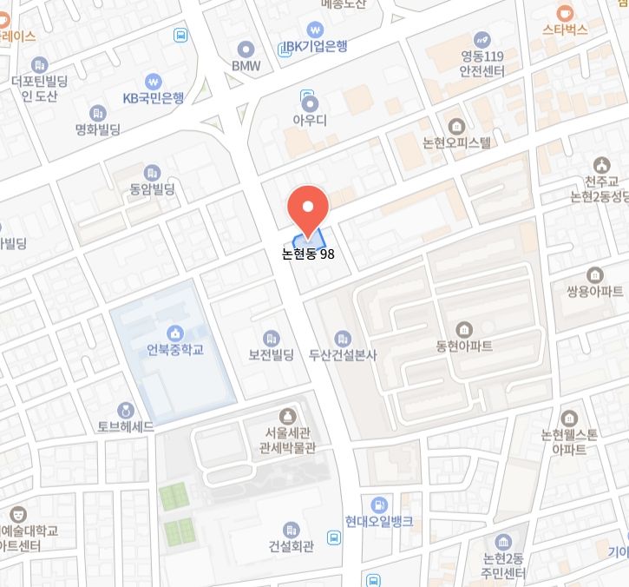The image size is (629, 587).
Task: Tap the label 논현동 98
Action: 308,254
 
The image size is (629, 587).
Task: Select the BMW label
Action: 246,65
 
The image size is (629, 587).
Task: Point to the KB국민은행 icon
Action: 154,81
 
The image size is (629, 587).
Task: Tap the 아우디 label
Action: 309,121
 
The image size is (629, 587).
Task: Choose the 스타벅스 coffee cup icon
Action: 565,12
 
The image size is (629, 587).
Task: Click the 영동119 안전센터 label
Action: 482,65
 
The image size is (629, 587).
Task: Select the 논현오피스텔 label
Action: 456,142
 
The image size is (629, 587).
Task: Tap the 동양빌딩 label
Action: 153,188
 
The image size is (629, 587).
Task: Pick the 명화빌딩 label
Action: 97,129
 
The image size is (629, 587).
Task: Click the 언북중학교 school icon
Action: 175,333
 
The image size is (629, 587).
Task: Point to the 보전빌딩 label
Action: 272,355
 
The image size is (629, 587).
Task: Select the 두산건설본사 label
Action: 343,355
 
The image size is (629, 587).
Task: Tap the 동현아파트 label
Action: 464,346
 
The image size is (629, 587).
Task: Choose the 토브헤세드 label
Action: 126,427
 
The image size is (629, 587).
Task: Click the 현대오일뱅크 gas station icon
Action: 378,505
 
